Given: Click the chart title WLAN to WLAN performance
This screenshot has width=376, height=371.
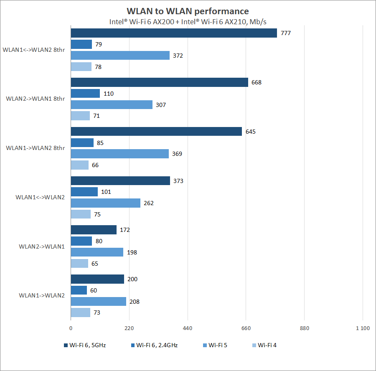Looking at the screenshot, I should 188,11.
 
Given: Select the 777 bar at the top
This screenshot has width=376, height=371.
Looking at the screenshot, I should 174,33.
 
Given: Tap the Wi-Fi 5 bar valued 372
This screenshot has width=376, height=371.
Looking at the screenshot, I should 120,56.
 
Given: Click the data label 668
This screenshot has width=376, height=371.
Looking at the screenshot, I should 256,82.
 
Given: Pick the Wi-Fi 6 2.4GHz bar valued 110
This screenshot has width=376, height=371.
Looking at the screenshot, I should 85,94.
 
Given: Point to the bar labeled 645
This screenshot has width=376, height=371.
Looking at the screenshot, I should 156,132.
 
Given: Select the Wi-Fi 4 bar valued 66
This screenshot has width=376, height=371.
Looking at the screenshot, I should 80,165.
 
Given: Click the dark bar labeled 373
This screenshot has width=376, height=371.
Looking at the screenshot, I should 120,181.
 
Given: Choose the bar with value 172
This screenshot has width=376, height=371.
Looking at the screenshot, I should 94,230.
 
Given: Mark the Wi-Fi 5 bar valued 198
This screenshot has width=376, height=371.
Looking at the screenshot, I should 97,252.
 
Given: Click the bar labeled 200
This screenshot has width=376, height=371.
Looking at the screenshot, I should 97,279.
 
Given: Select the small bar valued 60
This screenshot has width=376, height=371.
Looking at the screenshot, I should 79,290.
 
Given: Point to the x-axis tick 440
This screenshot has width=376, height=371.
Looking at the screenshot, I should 188,328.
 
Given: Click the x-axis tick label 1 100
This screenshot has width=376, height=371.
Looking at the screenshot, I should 363,328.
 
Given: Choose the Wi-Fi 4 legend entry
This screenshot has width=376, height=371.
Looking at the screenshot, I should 264,345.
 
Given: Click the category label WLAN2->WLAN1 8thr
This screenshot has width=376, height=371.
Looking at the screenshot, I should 36,99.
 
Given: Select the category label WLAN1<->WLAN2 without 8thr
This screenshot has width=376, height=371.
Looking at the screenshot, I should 40,197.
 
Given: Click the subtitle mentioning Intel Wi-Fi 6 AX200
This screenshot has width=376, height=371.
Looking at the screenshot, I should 188,22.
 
